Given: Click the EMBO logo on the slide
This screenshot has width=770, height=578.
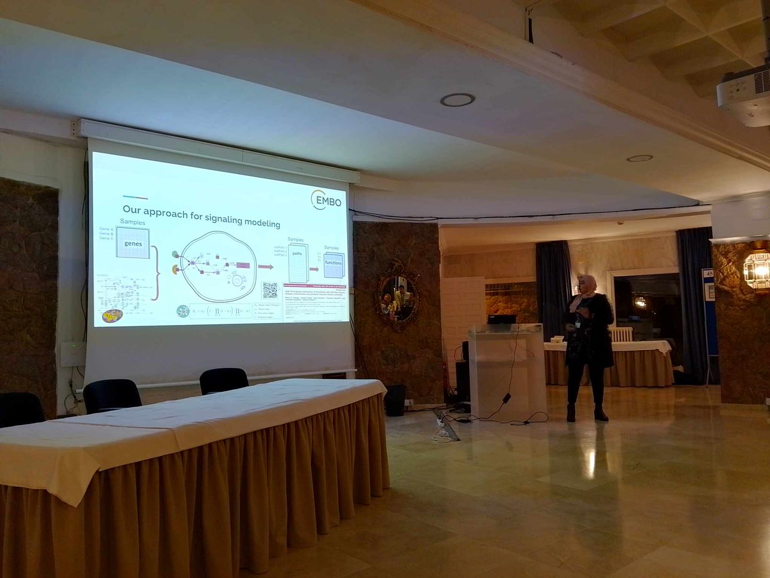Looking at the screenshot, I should (327, 199).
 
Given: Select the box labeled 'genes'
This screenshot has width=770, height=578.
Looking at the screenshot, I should (133, 243).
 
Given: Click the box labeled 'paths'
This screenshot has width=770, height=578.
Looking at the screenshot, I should (298, 262).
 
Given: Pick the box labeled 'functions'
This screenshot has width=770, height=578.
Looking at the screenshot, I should (334, 265).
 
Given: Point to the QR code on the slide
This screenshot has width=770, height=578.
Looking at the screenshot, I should (270, 290).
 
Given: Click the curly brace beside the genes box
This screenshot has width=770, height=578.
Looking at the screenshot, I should (155, 273).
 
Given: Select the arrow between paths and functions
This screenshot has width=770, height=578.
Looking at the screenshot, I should (314, 269).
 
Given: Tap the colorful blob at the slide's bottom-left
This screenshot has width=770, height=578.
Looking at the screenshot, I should (112, 315).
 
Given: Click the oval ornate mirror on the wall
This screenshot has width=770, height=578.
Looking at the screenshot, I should (397, 296).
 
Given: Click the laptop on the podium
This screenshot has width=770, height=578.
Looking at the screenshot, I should (501, 319).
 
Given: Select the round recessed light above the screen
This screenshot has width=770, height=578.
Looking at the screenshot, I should (458, 100).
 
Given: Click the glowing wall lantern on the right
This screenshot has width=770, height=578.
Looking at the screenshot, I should (757, 270).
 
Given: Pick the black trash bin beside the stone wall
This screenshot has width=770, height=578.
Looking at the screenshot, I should (395, 399).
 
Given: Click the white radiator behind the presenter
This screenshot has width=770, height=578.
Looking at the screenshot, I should (621, 335).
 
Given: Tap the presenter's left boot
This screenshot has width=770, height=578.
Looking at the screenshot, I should (600, 414).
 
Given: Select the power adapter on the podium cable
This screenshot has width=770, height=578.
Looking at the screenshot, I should (506, 398).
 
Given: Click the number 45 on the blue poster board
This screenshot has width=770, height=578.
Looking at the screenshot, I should (708, 274).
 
